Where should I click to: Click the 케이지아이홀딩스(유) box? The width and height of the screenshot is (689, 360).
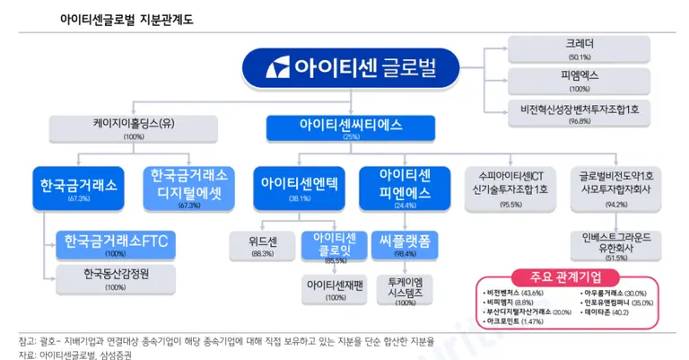[x=134, y=129]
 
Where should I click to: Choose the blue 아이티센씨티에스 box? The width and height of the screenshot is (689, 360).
[x=351, y=129]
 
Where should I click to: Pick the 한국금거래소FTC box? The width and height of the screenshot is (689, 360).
[x=117, y=244]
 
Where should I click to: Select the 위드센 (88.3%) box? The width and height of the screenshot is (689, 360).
[x=263, y=245]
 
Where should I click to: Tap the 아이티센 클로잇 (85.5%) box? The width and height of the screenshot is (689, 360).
[x=336, y=247]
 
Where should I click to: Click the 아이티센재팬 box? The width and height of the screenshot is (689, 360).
[x=335, y=289]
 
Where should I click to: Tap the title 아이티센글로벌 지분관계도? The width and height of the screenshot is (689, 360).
[x=132, y=19]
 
